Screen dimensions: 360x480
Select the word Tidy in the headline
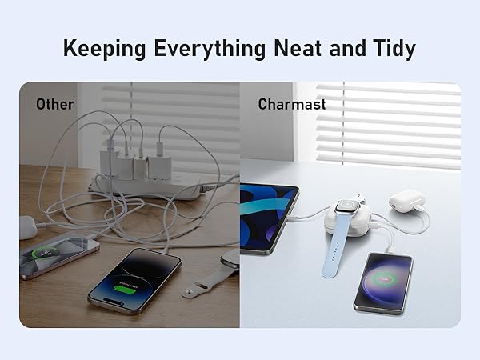pos(392,48)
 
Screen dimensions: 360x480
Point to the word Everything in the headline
pos(207,48)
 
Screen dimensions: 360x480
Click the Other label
pos(54,104)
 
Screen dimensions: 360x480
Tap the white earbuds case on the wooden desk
pos(27,227)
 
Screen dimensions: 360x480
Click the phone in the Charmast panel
pos(383,282)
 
